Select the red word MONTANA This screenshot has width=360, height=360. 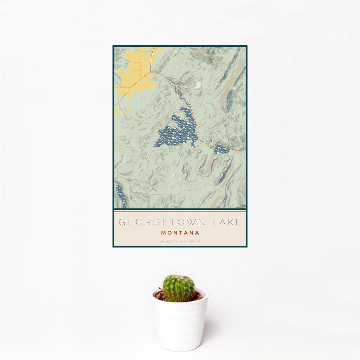[180, 233]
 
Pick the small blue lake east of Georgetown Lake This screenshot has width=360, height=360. [221, 150]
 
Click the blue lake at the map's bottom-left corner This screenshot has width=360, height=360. [121, 197]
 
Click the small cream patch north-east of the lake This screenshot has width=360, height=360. [198, 85]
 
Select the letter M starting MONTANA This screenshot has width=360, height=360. [163, 233]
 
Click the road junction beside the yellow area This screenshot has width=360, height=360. [152, 72]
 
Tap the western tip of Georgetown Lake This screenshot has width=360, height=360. [155, 144]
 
